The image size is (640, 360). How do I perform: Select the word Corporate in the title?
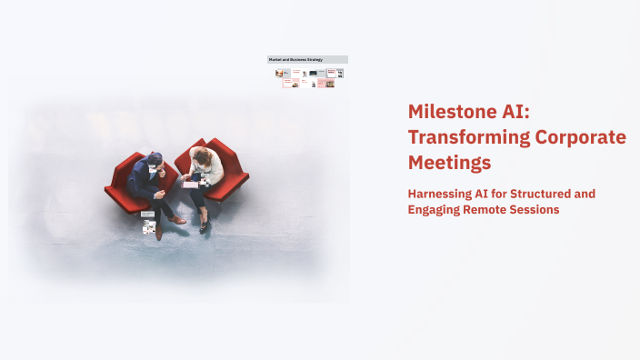(579, 137)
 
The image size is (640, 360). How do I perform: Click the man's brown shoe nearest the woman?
(179, 219)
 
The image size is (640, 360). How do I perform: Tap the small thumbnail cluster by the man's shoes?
(148, 223)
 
